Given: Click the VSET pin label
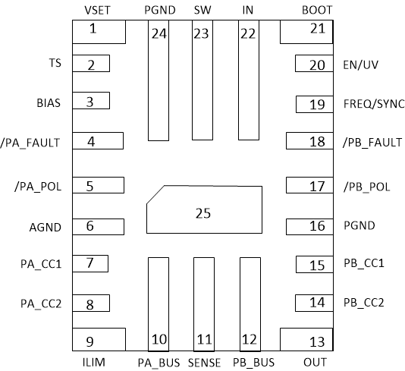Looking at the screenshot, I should (x=97, y=10).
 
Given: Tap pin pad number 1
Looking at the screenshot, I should (x=98, y=32).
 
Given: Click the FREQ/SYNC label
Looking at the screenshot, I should (x=373, y=103).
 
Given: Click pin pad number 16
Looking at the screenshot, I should (x=309, y=225).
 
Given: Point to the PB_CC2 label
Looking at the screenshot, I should (x=363, y=302).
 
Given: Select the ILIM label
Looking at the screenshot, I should (x=98, y=362).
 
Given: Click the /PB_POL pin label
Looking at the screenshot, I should (x=367, y=186).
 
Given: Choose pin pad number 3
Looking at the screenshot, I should (x=91, y=101).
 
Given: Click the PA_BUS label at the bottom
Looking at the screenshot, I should (x=159, y=362).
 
